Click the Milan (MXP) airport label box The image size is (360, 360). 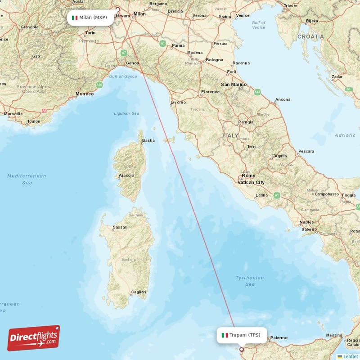tap(89, 18)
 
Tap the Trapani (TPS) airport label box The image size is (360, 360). tap(241, 335)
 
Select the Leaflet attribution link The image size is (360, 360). tap(350, 356)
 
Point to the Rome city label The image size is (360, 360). tap(248, 175)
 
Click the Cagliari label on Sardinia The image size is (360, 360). tap(138, 292)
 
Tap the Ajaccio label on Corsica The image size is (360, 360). tap(126, 175)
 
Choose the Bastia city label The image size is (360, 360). tap(148, 140)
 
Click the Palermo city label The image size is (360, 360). tap(279, 337)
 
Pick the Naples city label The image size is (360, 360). tap(306, 222)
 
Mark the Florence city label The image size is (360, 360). tap(210, 92)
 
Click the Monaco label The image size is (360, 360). tap(85, 94)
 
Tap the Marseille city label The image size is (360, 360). tap(13, 114)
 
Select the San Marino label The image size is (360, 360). tap(233, 84)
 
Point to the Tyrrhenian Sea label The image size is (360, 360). tap(250, 281)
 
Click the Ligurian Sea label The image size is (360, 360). tap(126, 114)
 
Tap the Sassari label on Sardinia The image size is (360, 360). tap(120, 227)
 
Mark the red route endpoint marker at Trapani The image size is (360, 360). tap(242, 349)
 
